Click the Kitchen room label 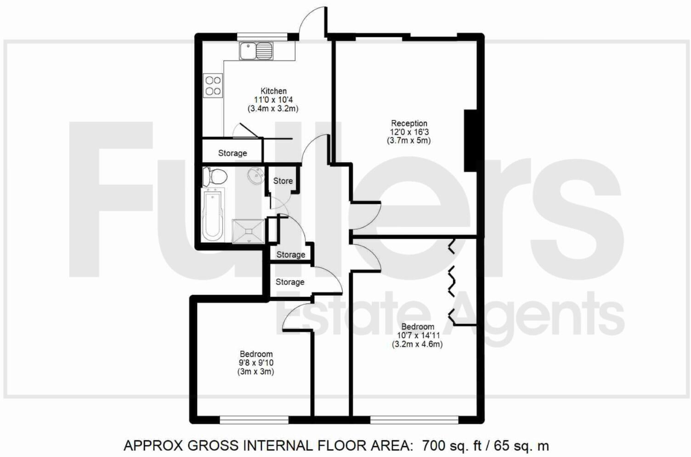point(273,91)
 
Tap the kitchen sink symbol point(256,51)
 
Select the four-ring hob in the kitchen point(213,86)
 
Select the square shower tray point(249,231)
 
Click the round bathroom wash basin point(255,176)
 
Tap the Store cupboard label point(283,181)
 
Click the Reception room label point(409,123)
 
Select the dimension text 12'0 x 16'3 point(409,132)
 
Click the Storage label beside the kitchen point(232,153)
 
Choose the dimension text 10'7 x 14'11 point(417,336)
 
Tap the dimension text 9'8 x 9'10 point(256,363)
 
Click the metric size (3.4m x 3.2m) point(273,109)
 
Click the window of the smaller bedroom point(254,420)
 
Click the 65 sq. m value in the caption point(521,445)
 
